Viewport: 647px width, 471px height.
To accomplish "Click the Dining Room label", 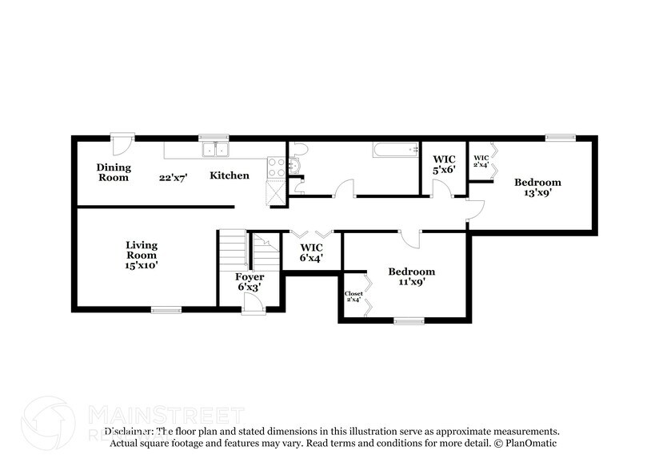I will click(x=114, y=172).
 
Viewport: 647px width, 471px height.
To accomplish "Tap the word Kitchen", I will click(x=230, y=175).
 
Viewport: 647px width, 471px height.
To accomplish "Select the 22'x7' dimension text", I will click(x=172, y=178).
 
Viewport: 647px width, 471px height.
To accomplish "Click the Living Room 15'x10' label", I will click(x=142, y=254).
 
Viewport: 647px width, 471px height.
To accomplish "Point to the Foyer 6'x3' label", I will click(x=249, y=281).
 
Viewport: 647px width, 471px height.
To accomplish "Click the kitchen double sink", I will click(x=214, y=149).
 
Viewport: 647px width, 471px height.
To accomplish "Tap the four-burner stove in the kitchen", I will click(x=277, y=167).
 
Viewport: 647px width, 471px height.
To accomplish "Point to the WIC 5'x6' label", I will click(x=445, y=164).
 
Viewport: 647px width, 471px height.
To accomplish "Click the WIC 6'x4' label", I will click(x=311, y=252).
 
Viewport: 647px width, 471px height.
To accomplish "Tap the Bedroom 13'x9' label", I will click(x=537, y=187).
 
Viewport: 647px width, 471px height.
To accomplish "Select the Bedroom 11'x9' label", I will click(x=411, y=276).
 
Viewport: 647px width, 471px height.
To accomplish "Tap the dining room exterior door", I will click(x=121, y=144).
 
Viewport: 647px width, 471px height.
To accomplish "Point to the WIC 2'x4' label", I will click(x=481, y=161).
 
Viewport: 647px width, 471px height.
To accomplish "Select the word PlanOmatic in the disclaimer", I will click(x=530, y=443).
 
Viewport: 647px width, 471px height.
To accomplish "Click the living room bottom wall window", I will click(x=166, y=309).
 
